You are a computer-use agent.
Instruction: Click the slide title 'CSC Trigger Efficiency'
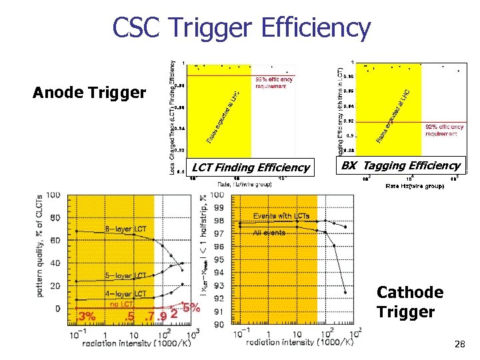pyautogui.click(x=241, y=27)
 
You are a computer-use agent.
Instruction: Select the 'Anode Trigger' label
pyautogui.click(x=89, y=93)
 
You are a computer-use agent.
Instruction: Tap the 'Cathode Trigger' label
pyautogui.click(x=409, y=302)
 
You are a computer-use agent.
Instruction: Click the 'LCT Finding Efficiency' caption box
pyautogui.click(x=250, y=167)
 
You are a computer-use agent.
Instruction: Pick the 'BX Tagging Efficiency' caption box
pyautogui.click(x=400, y=165)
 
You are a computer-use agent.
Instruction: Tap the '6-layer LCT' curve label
pyautogui.click(x=125, y=229)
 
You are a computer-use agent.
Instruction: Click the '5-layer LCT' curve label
pyautogui.click(x=125, y=275)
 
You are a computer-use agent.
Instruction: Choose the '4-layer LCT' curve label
pyautogui.click(x=125, y=293)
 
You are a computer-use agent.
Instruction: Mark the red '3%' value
pyautogui.click(x=87, y=316)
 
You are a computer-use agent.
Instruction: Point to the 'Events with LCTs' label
pyautogui.click(x=282, y=216)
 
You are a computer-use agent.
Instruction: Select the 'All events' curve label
pyautogui.click(x=269, y=233)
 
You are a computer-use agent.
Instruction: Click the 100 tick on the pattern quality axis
pyautogui.click(x=53, y=195)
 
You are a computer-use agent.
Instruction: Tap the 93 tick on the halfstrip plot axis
pyautogui.click(x=218, y=286)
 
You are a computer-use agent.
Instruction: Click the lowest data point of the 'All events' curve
pyautogui.click(x=345, y=292)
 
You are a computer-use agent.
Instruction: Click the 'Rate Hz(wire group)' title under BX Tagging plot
pyautogui.click(x=415, y=185)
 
